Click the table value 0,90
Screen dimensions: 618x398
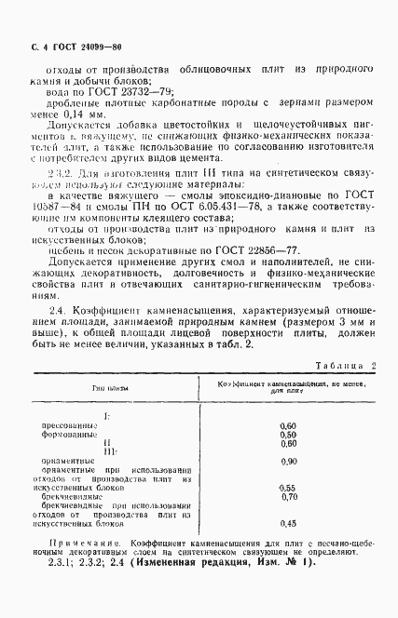pos(287,462)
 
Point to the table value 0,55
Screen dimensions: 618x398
pos(287,489)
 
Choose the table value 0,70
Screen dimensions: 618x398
pos(287,498)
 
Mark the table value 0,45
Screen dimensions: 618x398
pos(287,524)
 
